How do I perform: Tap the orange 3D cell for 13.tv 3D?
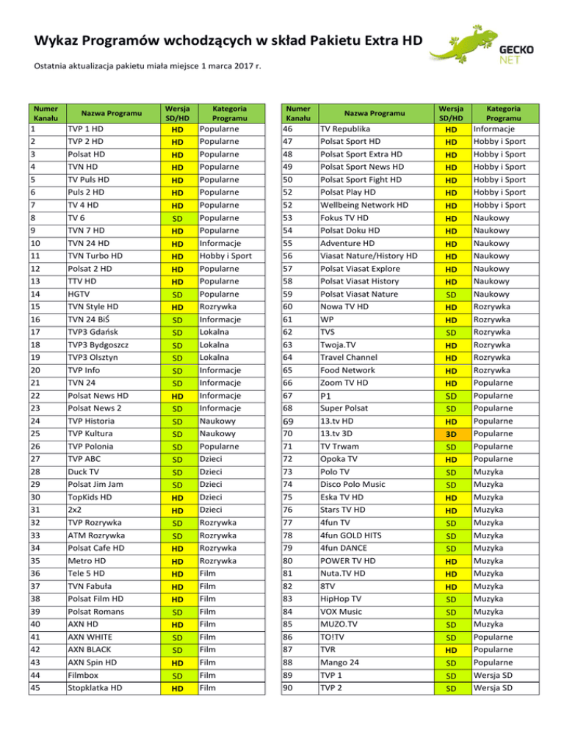click(450, 433)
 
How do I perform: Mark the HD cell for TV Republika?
click(450, 129)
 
